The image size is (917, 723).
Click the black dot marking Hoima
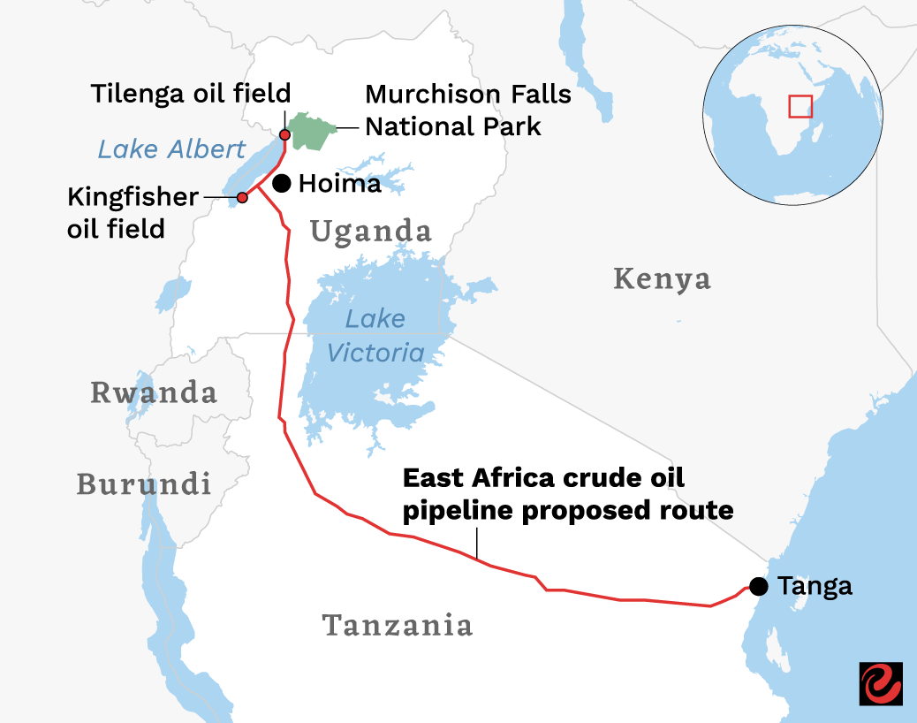(282, 183)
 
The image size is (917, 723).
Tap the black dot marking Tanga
(758, 586)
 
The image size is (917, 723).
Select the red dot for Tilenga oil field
(284, 134)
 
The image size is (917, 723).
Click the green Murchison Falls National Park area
(314, 131)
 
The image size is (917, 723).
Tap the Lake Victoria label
(375, 336)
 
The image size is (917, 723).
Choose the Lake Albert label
(171, 148)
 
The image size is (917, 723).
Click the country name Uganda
(371, 232)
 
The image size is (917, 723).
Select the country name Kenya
(662, 279)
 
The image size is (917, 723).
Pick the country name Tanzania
(398, 625)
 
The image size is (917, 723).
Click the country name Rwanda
(154, 392)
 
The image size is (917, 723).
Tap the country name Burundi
(144, 483)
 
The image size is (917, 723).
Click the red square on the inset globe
(800, 107)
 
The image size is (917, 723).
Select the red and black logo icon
(880, 683)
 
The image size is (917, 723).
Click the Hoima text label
(340, 184)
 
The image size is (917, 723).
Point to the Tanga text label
(815, 586)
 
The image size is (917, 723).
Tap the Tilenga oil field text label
(190, 94)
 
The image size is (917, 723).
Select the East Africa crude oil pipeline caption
(568, 494)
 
